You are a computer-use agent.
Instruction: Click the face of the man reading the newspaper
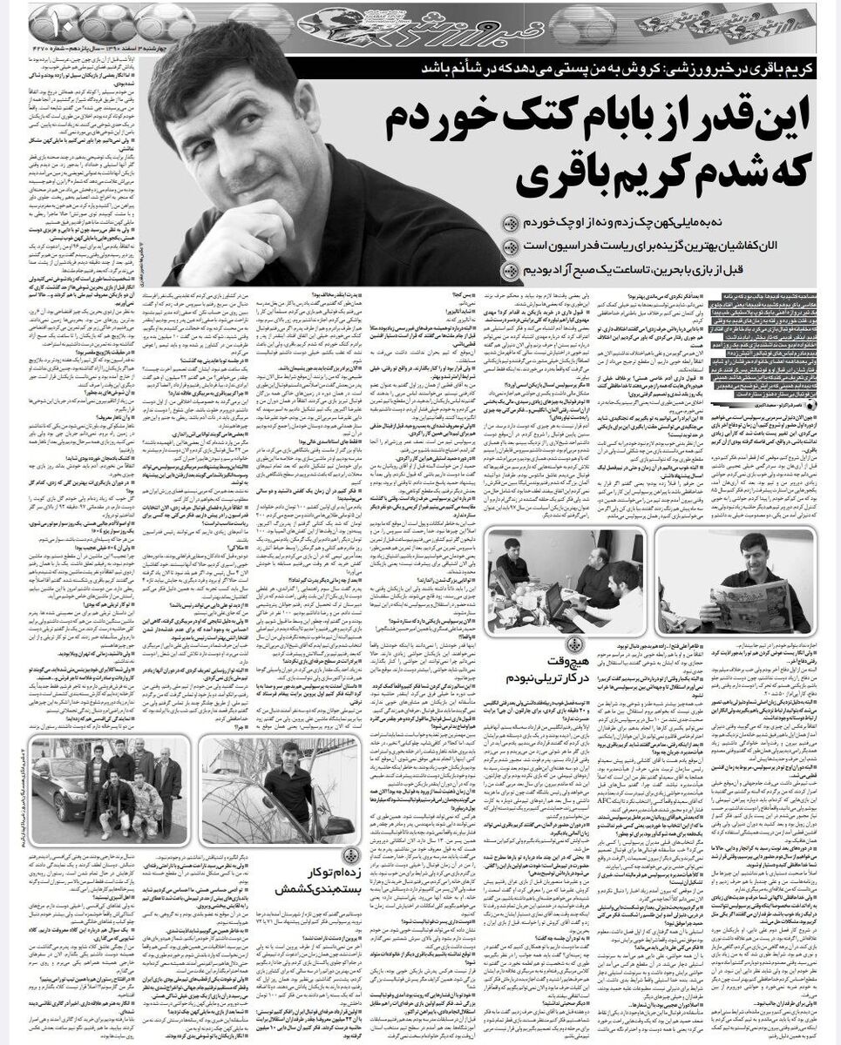(x=752, y=554)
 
